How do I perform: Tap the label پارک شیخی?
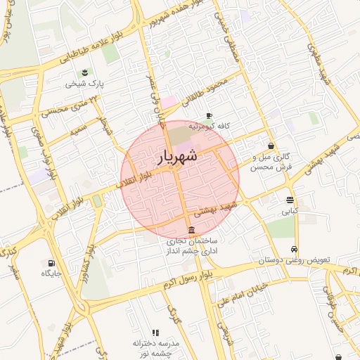click(85, 83)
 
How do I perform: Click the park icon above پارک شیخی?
click(85, 72)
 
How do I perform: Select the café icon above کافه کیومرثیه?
click(208, 116)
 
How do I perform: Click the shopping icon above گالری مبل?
click(271, 146)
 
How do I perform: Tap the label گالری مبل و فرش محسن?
click(271, 162)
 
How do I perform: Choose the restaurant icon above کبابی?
click(290, 200)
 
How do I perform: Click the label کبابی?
click(290, 210)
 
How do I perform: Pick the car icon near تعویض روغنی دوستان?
click(293, 250)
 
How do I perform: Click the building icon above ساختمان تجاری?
click(191, 231)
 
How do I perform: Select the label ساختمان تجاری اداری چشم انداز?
click(191, 245)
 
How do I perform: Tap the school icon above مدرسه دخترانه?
click(155, 332)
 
